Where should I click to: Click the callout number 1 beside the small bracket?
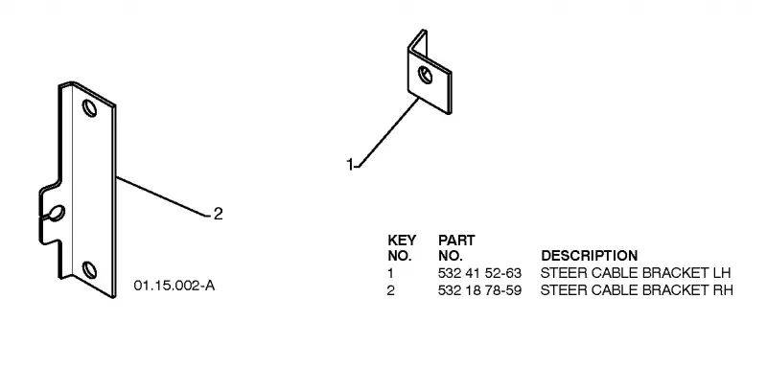point(350,165)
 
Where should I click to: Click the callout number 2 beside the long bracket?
point(219,214)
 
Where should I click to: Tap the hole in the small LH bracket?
point(425,76)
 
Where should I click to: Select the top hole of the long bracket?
point(89,108)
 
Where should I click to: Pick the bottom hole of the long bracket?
point(89,270)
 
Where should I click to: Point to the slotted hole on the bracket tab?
point(57,213)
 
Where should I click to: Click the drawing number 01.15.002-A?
point(174,286)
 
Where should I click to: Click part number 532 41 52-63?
point(479,273)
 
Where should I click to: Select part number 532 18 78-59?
point(479,290)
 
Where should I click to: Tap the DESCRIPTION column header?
point(590,256)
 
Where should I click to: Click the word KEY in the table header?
point(402,241)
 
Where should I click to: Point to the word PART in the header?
point(456,241)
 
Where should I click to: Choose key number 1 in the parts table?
point(390,273)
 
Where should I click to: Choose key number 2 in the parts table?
point(390,290)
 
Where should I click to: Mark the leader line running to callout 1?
point(386,132)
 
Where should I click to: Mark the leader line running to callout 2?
point(164,195)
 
